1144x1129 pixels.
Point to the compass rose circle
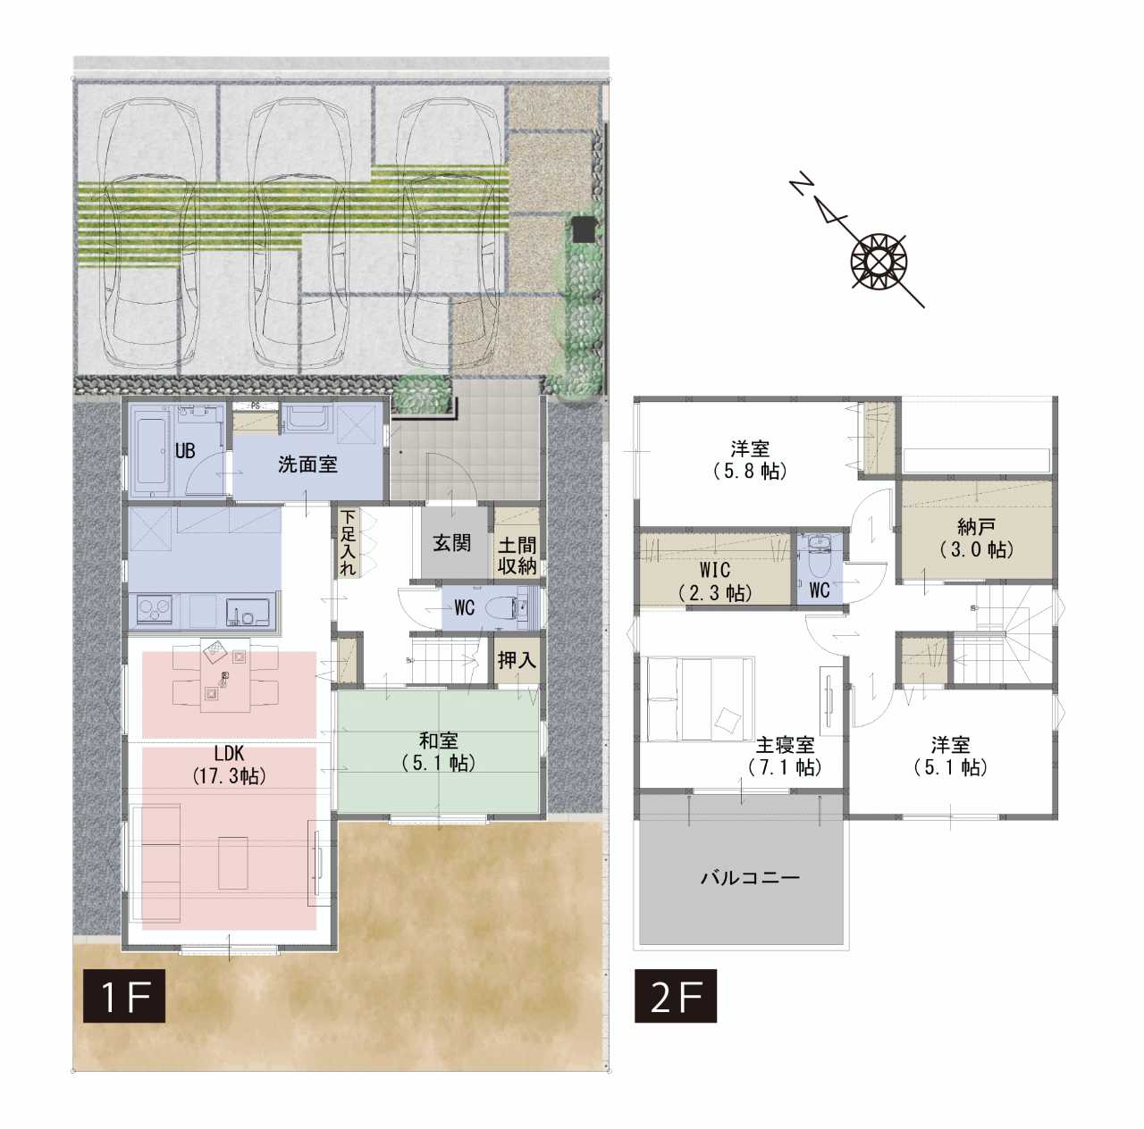coord(879,261)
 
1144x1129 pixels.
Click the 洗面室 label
coord(307,464)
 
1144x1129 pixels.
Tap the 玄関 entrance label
coord(451,542)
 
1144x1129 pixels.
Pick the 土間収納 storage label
coord(517,555)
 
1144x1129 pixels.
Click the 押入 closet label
coord(517,659)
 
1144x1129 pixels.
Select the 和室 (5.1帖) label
coord(438,751)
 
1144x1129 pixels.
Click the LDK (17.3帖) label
coord(229,765)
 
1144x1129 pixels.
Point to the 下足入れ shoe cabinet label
coord(348,542)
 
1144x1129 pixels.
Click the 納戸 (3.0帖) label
coord(977,538)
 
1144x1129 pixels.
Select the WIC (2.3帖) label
coord(715,581)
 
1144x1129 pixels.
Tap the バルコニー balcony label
coord(751,877)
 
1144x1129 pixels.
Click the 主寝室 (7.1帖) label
coord(785,756)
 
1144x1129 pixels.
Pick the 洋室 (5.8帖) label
coord(751,460)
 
